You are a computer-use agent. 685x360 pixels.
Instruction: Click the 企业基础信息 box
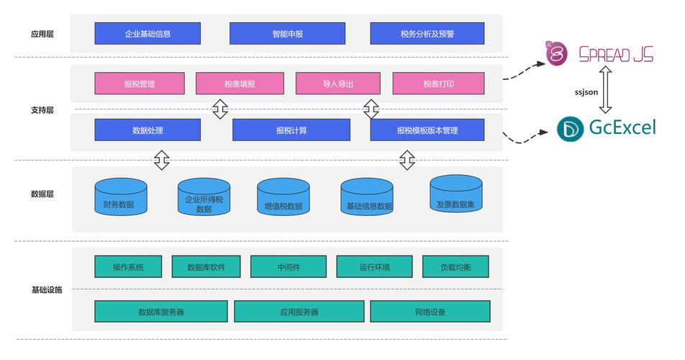point(148,33)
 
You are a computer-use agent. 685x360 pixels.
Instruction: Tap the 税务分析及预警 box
point(427,33)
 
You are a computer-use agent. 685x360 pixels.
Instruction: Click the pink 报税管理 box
point(139,84)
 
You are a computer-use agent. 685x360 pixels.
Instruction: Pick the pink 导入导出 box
point(337,84)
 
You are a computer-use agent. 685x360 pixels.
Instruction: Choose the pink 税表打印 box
point(438,84)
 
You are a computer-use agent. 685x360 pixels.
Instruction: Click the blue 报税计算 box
point(291,130)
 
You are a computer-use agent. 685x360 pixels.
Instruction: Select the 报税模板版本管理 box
point(427,130)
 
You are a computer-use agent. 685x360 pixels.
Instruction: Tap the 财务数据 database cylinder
point(121,197)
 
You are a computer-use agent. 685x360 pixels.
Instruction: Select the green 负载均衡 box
point(455,267)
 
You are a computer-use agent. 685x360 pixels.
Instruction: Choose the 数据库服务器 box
point(161,312)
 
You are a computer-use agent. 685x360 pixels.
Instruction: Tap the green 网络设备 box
point(430,312)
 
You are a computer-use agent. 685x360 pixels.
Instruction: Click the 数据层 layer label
point(42,194)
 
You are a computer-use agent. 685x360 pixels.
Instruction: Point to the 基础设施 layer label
point(46,289)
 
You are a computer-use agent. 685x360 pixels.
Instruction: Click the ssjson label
point(586,92)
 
